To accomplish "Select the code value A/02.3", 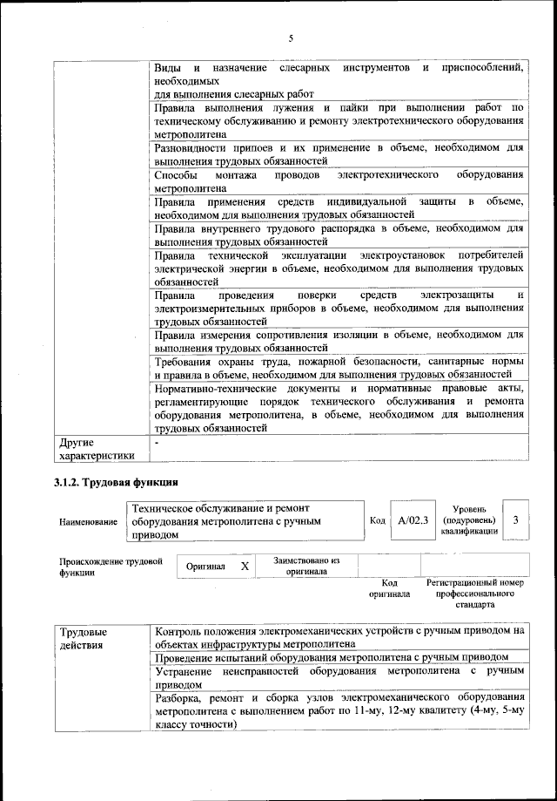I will [412, 520].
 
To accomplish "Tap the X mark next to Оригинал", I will [245, 567].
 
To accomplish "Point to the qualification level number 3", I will [516, 520].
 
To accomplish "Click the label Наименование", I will [89, 521].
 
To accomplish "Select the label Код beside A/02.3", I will [377, 520].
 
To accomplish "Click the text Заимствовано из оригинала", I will [306, 567].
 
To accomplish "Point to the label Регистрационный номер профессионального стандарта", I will [474, 593].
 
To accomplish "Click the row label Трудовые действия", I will [84, 638].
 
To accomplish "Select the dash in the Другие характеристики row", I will [156, 443].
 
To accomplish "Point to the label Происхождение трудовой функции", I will [110, 567].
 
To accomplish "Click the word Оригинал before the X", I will [205, 567].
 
